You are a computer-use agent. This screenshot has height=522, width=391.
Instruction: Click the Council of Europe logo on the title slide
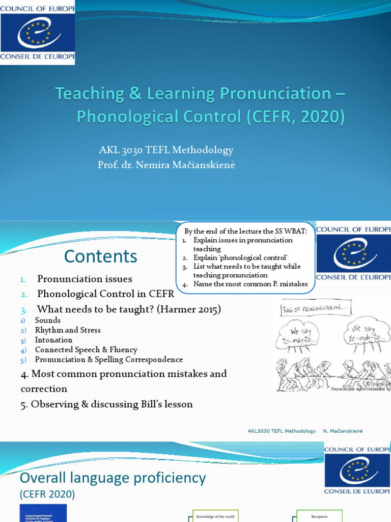(x=38, y=32)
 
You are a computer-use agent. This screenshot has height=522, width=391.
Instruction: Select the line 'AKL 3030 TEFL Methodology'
(x=166, y=150)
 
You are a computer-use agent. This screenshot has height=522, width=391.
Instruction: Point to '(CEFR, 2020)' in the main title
(x=295, y=117)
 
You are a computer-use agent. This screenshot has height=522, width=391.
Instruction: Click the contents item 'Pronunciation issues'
(x=85, y=279)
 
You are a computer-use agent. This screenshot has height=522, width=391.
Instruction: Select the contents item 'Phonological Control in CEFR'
(x=105, y=294)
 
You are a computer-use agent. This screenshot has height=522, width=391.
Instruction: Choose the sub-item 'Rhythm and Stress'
(x=68, y=330)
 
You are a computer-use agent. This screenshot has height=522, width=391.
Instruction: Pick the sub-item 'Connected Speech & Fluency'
(x=86, y=350)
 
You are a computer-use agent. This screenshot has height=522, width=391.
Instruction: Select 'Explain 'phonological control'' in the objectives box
(x=234, y=258)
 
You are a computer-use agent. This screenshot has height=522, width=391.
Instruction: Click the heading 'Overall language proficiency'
(x=113, y=478)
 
